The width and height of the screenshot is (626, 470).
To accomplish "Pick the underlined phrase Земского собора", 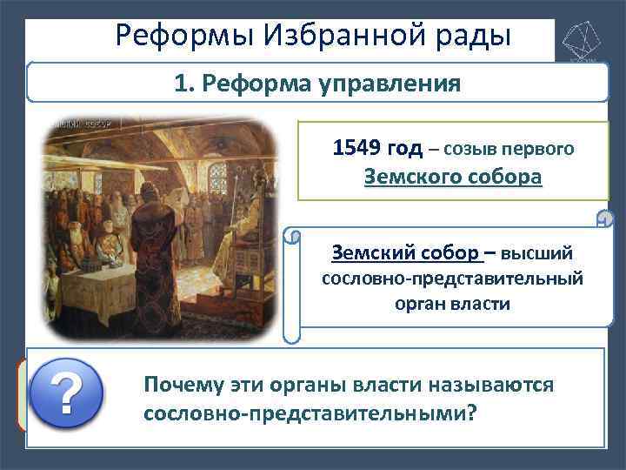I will coord(453,177).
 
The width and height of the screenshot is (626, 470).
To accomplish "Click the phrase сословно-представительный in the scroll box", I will coord(453,279).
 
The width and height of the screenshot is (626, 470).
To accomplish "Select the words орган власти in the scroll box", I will coord(453,305).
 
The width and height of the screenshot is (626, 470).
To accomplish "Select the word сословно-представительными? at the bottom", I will coord(310,411).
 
